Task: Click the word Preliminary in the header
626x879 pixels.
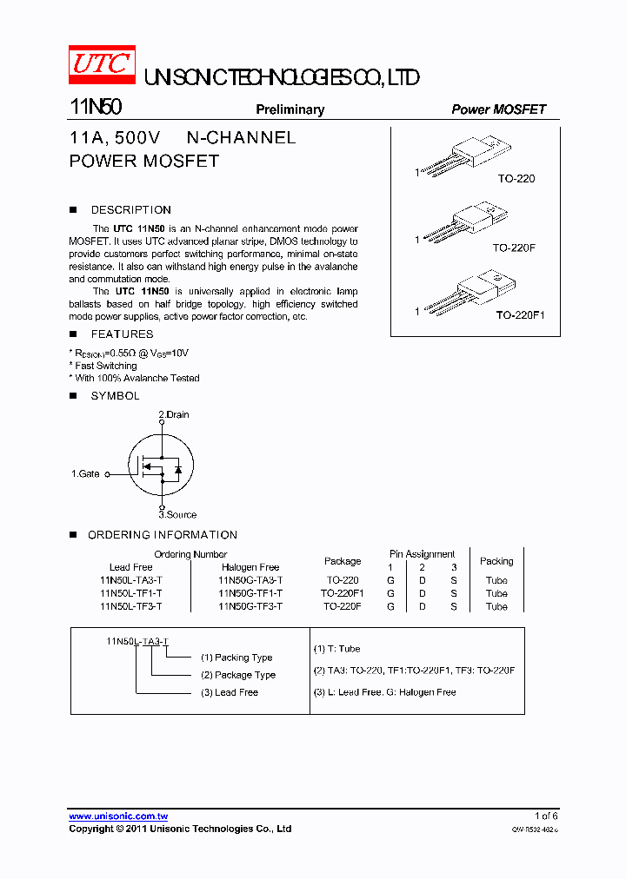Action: click(x=290, y=109)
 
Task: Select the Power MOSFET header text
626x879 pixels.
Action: click(x=498, y=109)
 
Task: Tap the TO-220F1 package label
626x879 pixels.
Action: click(x=520, y=315)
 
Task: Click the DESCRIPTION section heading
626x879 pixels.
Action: click(x=130, y=210)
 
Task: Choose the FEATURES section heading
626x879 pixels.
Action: click(x=122, y=334)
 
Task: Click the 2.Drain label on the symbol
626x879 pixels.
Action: click(x=173, y=414)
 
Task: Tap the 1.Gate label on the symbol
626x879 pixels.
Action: click(x=85, y=474)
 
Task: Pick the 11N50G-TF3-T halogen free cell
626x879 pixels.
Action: click(x=250, y=606)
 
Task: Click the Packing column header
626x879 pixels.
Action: click(x=496, y=561)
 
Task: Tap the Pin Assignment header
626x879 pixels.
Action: click(x=422, y=554)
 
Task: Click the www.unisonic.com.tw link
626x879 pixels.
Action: click(x=118, y=816)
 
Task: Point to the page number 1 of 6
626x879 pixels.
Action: click(x=546, y=816)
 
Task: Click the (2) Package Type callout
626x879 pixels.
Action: click(x=238, y=675)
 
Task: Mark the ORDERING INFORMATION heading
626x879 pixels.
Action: click(x=162, y=535)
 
